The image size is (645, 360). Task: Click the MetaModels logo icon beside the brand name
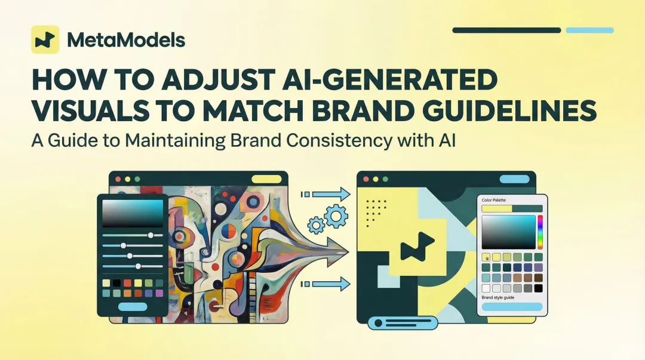45,40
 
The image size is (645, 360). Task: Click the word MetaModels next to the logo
126,40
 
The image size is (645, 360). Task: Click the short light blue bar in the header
589,30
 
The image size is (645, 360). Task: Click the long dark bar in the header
506,30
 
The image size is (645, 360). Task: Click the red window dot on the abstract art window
117,179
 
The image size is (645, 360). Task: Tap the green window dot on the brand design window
385,179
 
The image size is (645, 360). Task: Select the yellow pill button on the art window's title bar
266,179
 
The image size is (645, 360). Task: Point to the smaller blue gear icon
316,225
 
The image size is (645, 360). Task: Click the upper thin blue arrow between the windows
327,193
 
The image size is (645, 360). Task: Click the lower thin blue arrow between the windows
327,284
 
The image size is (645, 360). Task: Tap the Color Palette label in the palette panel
494,200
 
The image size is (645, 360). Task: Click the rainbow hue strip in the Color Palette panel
540,232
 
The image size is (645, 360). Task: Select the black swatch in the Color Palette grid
538,288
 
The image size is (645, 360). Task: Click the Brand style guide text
498,297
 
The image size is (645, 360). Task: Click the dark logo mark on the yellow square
417,250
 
